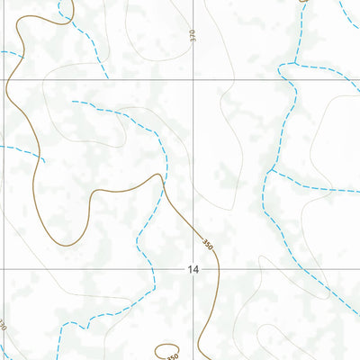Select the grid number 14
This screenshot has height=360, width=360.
(193, 269)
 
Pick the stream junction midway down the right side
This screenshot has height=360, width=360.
(271, 169)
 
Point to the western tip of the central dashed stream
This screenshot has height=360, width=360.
(73, 102)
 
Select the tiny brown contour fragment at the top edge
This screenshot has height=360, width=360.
(304, 3)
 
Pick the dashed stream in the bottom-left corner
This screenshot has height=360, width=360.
(58, 337)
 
